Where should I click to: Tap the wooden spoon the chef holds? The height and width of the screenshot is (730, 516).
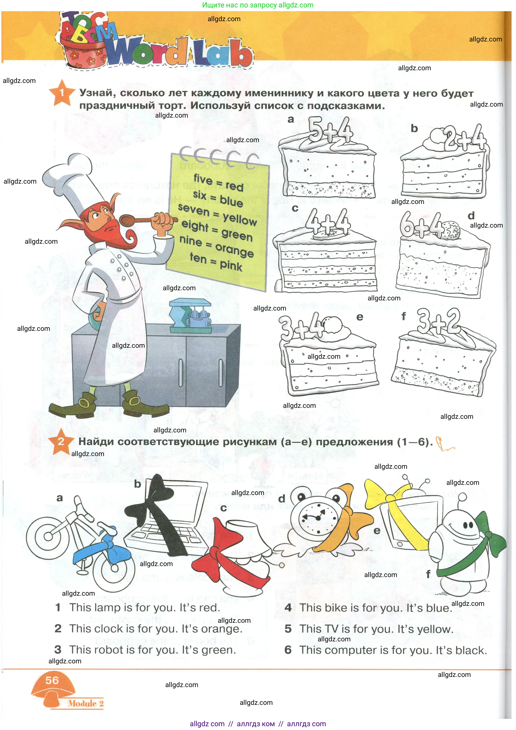coord(140,219)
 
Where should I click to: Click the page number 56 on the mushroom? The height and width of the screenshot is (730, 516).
coord(52,681)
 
